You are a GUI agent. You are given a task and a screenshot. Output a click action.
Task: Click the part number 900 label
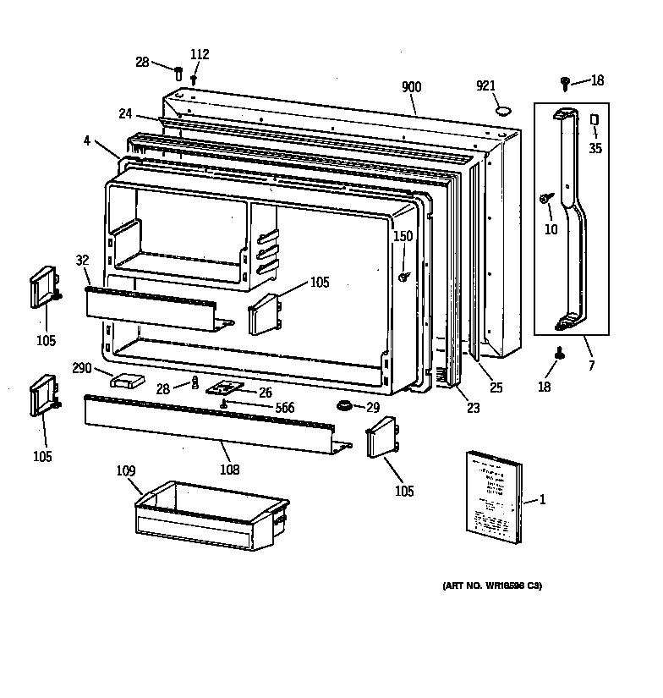pos(412,87)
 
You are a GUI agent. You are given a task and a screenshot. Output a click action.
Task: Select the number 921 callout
pos(485,86)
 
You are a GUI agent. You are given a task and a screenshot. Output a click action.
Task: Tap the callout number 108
pos(228,470)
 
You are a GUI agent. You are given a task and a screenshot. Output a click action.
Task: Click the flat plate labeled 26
pos(226,387)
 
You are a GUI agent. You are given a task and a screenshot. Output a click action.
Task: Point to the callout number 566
pos(284,408)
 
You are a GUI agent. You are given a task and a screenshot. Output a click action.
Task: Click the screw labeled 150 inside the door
pos(404,276)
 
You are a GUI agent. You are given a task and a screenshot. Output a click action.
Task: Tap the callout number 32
pos(82,261)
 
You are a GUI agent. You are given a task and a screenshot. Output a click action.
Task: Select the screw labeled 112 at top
pos(194,79)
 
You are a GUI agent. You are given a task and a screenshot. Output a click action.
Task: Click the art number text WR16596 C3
pos(491,585)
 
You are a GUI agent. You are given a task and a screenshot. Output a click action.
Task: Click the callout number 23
pos(473,408)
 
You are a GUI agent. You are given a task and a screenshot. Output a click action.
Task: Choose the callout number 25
pos(496,387)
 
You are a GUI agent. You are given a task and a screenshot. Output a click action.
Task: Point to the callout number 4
pos(87,141)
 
